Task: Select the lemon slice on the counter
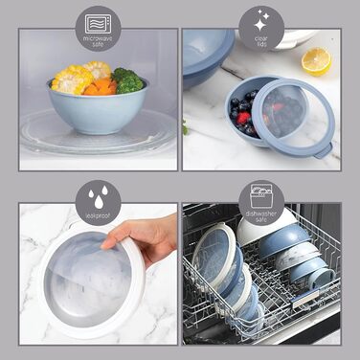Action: tap(315, 60)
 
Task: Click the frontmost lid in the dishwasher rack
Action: tap(213, 259)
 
